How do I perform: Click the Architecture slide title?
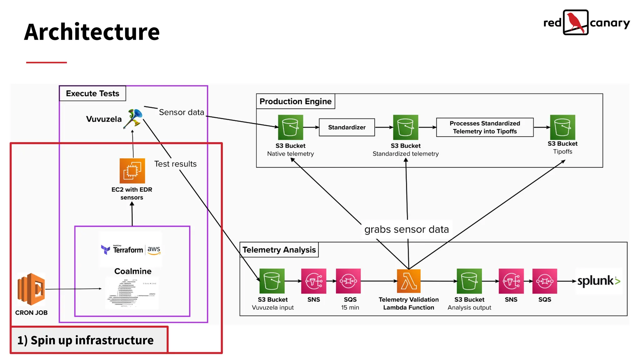(x=92, y=32)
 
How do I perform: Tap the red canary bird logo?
(x=576, y=22)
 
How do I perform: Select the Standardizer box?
(x=347, y=127)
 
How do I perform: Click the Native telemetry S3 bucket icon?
(x=290, y=127)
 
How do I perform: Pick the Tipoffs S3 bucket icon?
(x=562, y=127)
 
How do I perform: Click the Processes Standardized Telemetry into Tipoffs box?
(x=484, y=127)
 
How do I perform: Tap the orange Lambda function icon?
(x=408, y=281)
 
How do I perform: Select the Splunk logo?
(x=598, y=281)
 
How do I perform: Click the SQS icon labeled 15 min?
(x=348, y=281)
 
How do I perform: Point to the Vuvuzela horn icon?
(x=133, y=118)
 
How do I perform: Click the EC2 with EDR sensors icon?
(x=132, y=171)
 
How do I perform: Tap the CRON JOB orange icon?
(x=31, y=289)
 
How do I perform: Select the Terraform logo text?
(x=127, y=250)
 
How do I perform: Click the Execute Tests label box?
(x=92, y=93)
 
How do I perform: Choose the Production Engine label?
(x=295, y=101)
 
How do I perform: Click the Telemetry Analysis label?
(x=279, y=250)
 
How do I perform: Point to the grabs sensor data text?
(x=406, y=229)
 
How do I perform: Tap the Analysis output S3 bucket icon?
(x=469, y=281)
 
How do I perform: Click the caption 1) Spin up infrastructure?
(x=85, y=340)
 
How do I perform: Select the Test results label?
(x=175, y=164)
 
